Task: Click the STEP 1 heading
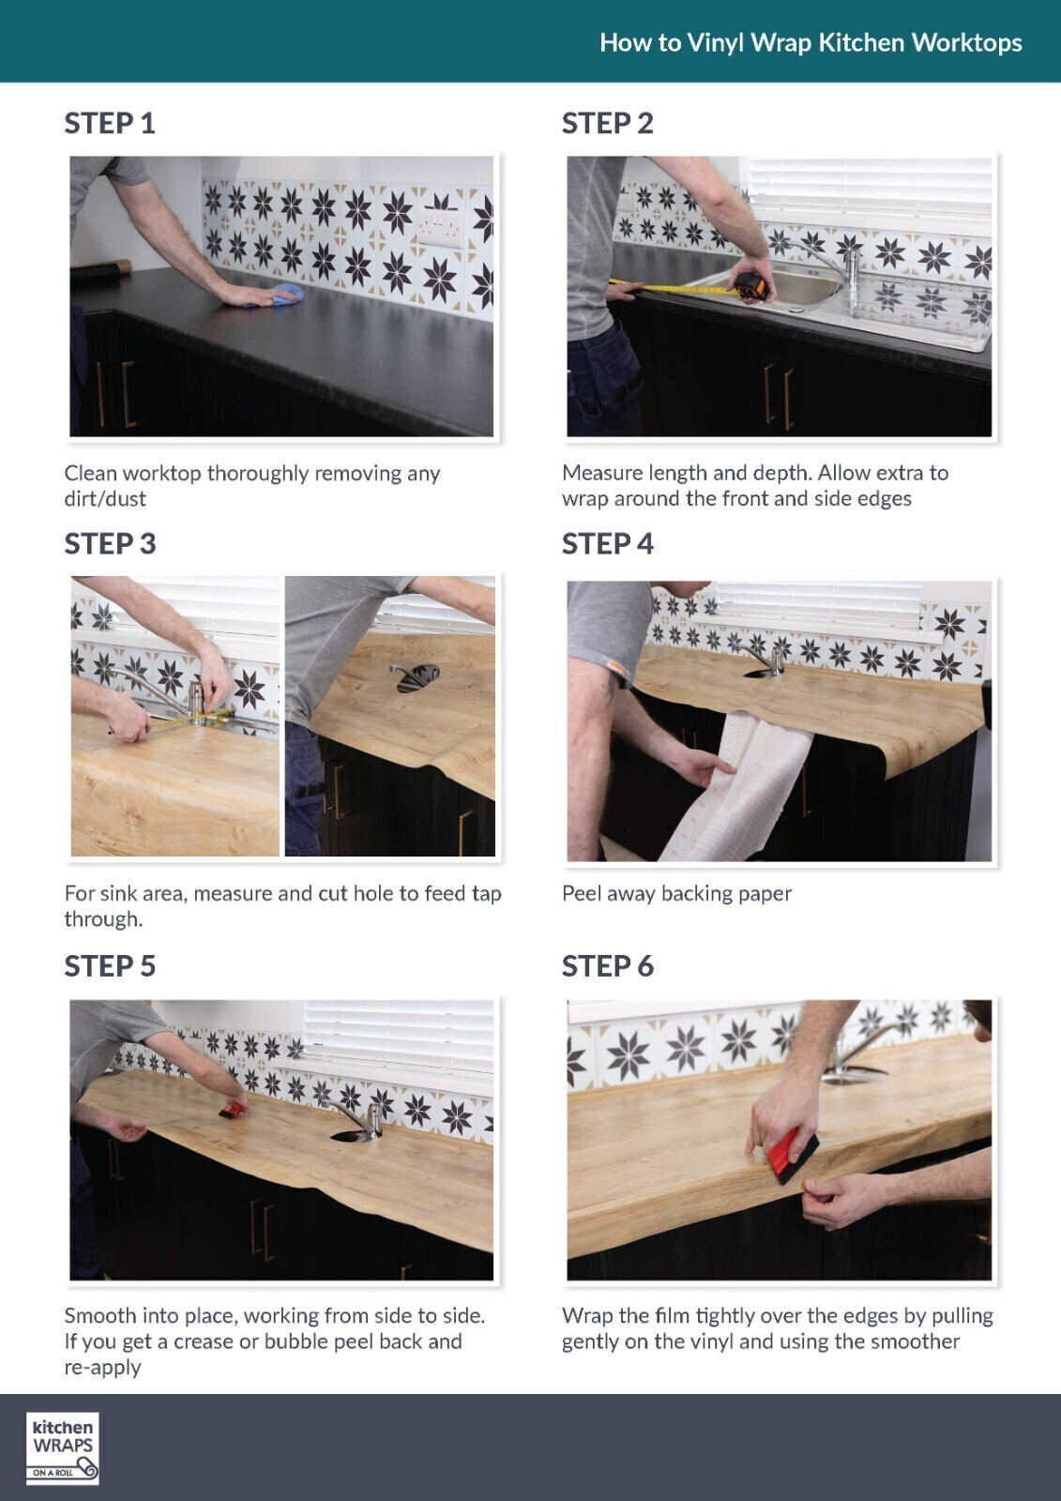coord(110,123)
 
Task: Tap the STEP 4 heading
coord(607,543)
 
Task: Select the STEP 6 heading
coord(607,965)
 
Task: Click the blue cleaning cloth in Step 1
coord(278,295)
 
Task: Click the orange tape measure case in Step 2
coord(752,286)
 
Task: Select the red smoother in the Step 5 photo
coord(231,1110)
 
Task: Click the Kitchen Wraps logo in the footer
coord(62,1448)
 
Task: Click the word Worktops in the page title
coord(966,43)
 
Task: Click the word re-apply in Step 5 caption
coord(102,1367)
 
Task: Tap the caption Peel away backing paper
coord(676,893)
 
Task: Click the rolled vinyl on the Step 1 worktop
coord(100,269)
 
